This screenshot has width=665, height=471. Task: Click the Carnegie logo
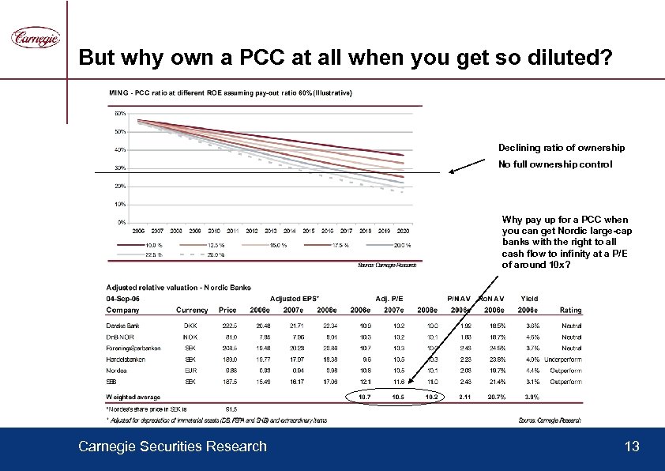tap(34, 38)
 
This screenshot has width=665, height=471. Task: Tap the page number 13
tap(632, 447)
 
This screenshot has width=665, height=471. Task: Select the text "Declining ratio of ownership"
tap(561, 148)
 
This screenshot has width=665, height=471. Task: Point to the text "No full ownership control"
tap(554, 164)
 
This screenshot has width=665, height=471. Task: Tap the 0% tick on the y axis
tap(121, 222)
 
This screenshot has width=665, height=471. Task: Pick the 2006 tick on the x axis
tap(138, 232)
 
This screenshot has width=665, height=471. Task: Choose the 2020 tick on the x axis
tap(402, 232)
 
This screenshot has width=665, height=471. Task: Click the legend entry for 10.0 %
tap(154, 245)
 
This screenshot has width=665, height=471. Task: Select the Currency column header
tap(192, 310)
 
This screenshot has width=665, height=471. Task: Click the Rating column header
tap(570, 310)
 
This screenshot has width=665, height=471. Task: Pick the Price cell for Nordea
tap(230, 370)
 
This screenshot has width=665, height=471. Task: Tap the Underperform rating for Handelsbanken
tap(563, 359)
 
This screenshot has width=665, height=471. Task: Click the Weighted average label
tap(133, 397)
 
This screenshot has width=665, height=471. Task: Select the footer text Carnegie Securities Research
tap(172, 447)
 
